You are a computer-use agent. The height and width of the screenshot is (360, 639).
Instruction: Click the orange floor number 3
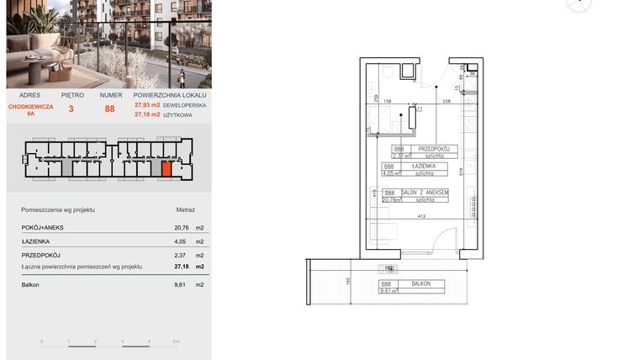[x=71, y=108]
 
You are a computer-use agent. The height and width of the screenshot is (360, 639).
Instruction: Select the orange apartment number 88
[x=109, y=108]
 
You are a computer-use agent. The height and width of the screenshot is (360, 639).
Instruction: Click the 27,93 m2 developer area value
[x=146, y=105]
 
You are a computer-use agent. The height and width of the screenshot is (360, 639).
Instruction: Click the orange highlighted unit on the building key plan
[x=166, y=169]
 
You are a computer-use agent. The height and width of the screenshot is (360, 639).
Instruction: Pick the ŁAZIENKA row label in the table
[x=37, y=241]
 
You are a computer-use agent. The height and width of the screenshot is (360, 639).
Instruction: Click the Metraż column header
[x=185, y=209]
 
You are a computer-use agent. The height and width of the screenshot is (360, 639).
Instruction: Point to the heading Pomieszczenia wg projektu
[x=58, y=209]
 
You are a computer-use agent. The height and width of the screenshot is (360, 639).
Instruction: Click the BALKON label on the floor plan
[x=420, y=284]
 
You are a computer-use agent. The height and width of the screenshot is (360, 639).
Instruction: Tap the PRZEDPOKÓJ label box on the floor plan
[x=436, y=148]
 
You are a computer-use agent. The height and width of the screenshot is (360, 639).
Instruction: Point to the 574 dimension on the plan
[x=461, y=171]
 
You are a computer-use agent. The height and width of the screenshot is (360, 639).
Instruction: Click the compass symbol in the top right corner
[x=579, y=4]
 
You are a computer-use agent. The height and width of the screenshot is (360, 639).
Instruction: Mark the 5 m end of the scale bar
[x=175, y=342]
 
